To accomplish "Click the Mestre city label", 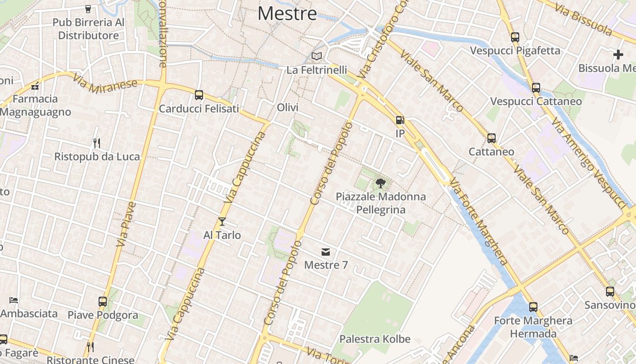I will tap(287, 13).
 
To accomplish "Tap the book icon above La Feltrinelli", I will tap(317, 56).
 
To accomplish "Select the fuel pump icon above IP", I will tap(400, 120).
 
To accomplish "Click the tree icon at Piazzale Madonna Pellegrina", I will tap(381, 183).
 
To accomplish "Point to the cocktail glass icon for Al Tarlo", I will tap(222, 222).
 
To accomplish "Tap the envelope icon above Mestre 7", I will tap(325, 252).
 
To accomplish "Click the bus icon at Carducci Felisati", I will tap(199, 95).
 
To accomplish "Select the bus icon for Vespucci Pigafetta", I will tap(515, 37).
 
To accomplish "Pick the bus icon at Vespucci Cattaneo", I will tap(536, 87).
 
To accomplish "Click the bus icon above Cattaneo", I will tap(491, 138).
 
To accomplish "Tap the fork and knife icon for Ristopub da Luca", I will tap(97, 143).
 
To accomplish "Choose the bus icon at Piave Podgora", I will tap(103, 301).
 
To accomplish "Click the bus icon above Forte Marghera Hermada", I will tap(533, 307).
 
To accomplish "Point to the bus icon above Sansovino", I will tap(610, 292).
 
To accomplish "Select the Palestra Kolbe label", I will tap(375, 339).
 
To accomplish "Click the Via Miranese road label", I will tap(104, 84).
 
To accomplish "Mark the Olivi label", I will tap(288, 107).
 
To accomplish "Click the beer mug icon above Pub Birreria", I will tap(88, 9).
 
